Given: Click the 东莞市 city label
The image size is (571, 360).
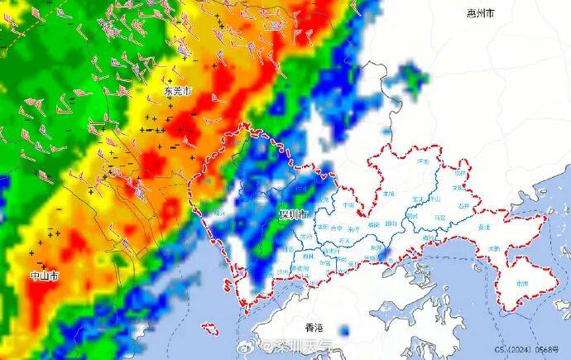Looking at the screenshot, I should [x=177, y=91].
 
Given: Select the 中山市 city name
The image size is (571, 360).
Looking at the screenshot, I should [x=44, y=275].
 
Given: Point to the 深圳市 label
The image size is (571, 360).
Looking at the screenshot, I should [x=293, y=215].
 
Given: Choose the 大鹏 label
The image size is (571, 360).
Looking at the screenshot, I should [x=494, y=247].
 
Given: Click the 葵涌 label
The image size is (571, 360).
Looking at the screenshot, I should [x=484, y=226].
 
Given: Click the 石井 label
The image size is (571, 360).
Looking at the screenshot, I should [x=463, y=205].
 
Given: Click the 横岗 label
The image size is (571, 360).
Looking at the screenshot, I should [x=373, y=223].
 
